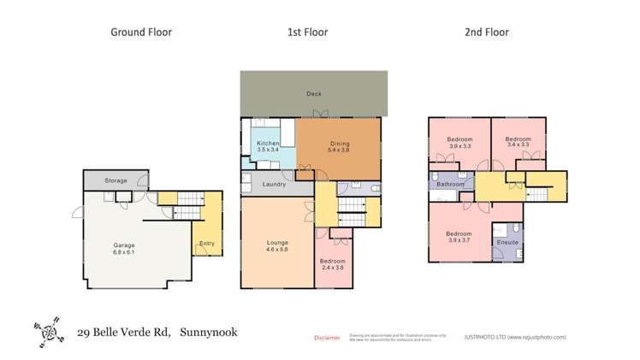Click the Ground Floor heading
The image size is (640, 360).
click(x=141, y=32)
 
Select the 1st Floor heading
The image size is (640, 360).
click(x=306, y=32)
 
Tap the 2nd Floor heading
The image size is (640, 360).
click(x=487, y=32)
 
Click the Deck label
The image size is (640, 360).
click(x=313, y=93)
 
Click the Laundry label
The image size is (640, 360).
click(x=274, y=184)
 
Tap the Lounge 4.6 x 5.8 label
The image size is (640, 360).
click(x=277, y=246)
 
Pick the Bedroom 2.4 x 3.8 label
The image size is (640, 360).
click(x=333, y=264)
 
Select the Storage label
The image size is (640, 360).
click(x=116, y=180)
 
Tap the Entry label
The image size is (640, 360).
click(x=206, y=244)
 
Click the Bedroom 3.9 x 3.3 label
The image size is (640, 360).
click(x=460, y=142)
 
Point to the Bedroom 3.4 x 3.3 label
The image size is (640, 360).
click(x=518, y=142)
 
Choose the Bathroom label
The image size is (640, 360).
click(x=450, y=184)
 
